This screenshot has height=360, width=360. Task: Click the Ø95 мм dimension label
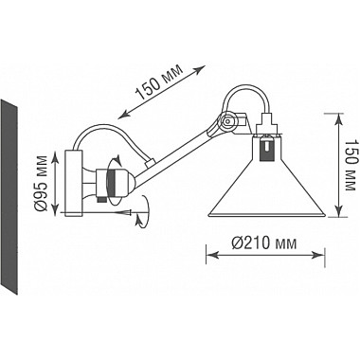pos(43,180)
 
